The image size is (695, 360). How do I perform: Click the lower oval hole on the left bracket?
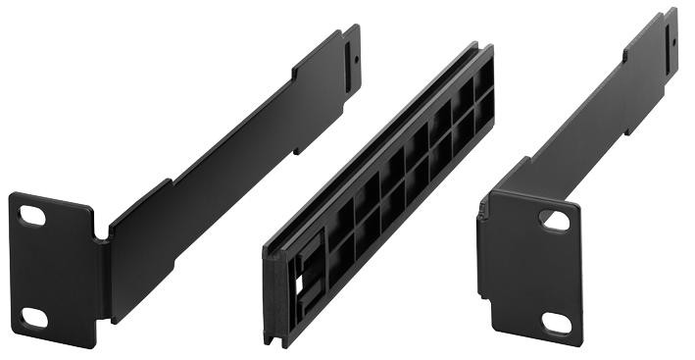(x=34, y=316)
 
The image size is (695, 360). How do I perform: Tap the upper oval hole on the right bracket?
(x=556, y=221)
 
